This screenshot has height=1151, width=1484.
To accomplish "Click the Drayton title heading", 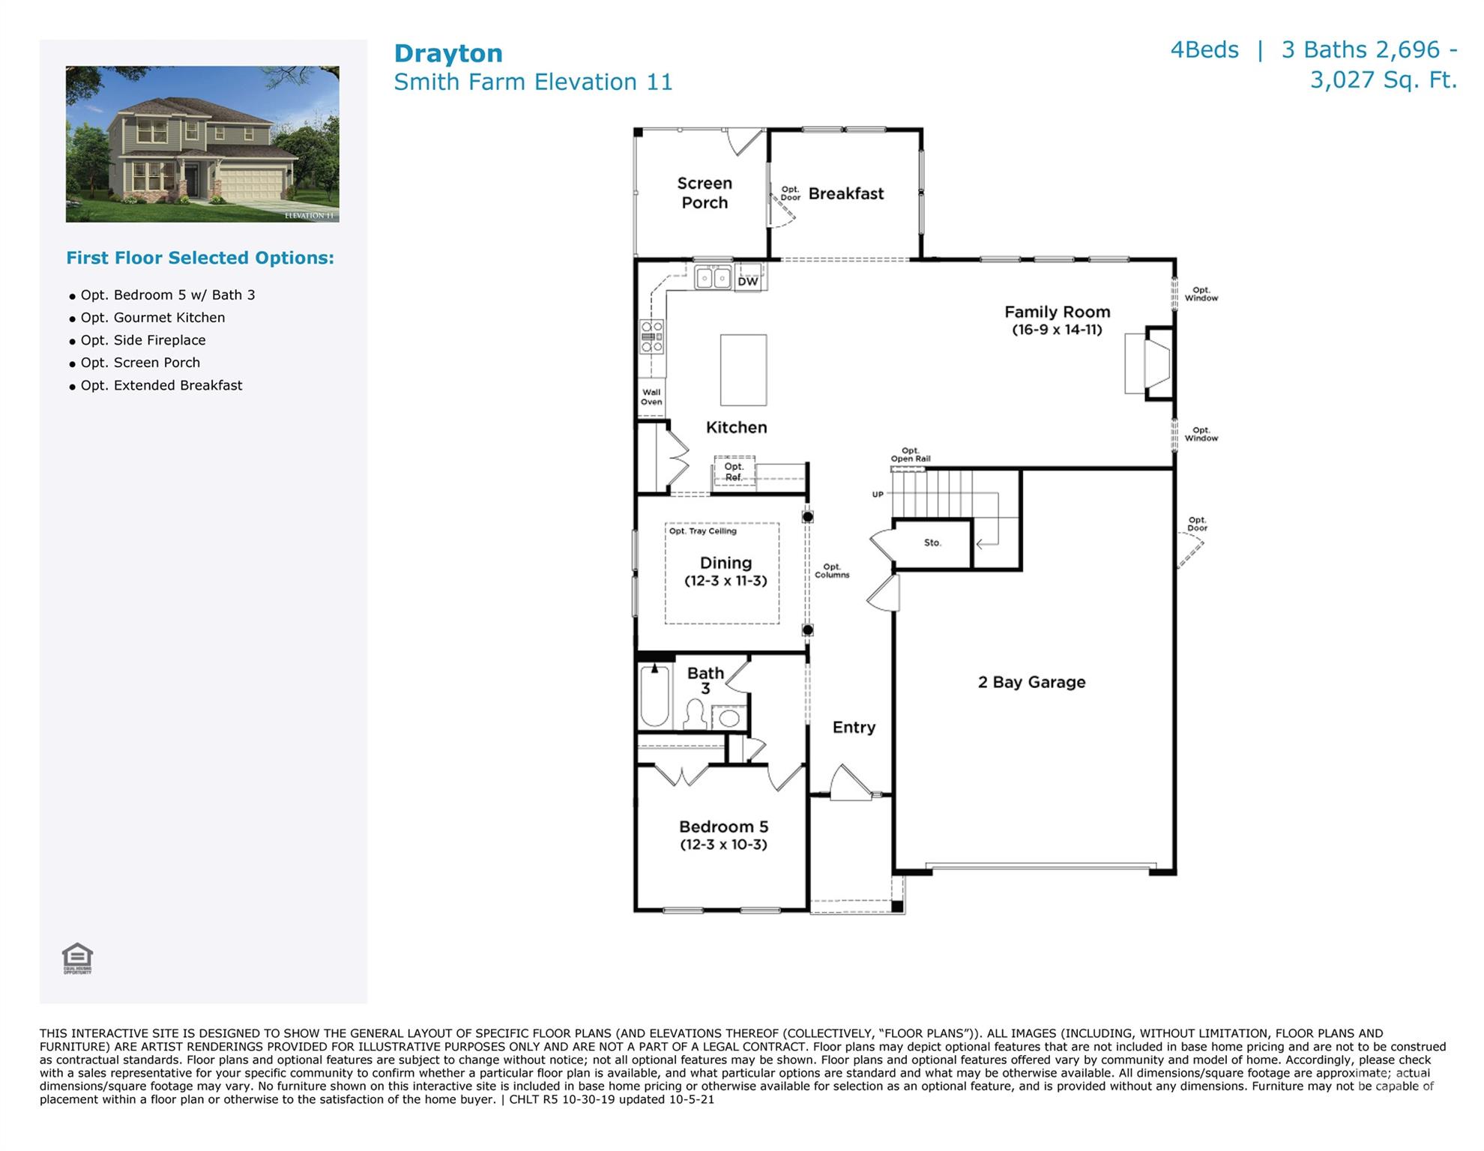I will pos(448,53).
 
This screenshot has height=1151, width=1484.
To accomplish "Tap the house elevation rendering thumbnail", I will pos(202,144).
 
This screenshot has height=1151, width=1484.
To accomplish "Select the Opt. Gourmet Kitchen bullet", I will pos(152,318).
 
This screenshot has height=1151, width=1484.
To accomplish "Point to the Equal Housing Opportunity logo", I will pos(77,958).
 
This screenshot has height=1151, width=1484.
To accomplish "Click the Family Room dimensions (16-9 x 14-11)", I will pos(1057,330).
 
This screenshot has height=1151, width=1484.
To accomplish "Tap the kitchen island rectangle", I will pos(743,370).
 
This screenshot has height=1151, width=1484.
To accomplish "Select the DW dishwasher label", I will pos(747,282).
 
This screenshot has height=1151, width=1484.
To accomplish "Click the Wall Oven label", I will pos(651,397).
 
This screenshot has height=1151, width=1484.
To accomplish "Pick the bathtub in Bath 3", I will pos(654,696).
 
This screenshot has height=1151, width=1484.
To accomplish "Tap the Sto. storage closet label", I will pos(932,543).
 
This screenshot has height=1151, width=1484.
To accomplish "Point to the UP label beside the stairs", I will pos(878,495).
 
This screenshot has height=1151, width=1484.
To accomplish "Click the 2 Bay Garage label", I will pos(1031,682).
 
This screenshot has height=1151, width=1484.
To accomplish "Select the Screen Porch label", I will pos(705,193).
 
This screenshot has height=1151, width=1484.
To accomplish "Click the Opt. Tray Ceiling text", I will pos(702,531).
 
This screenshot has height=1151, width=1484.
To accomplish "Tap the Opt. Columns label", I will pos(832,571).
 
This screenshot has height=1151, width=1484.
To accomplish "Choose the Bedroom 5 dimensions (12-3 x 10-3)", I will pos(723,845).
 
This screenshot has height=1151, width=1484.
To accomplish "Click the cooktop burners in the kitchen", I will pos(651,337).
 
